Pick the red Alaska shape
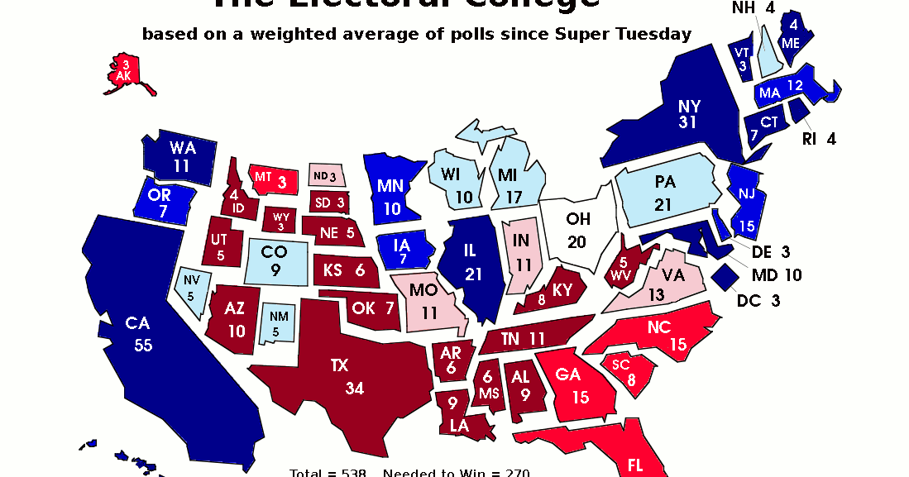[125, 72]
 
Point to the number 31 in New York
[687, 122]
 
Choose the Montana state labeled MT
[273, 177]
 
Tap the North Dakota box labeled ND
[324, 176]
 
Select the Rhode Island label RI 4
[819, 139]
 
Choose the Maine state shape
[793, 33]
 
